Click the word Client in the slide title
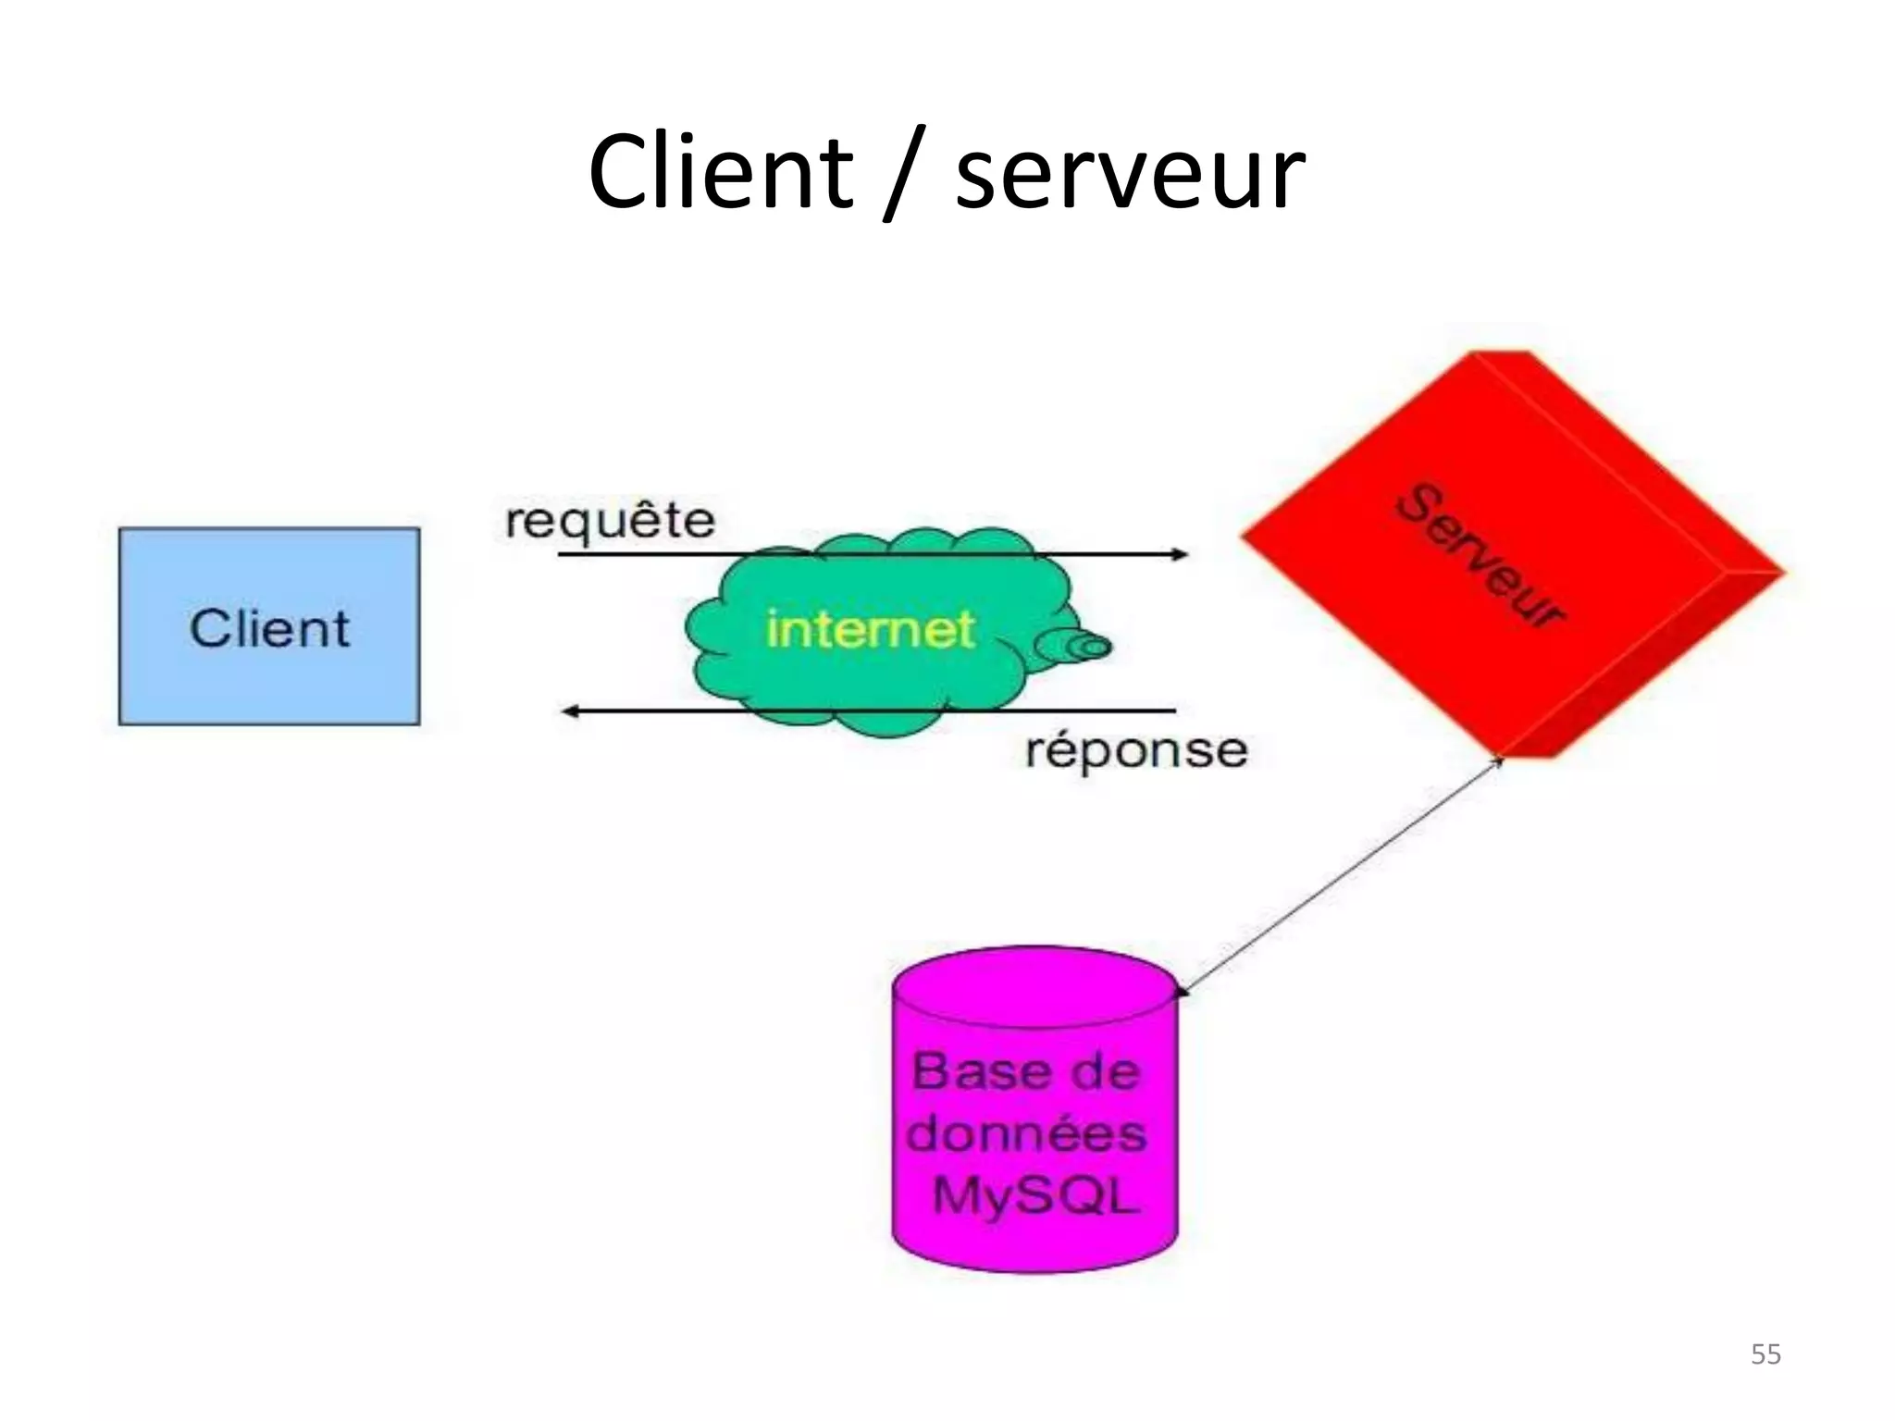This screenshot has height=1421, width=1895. [720, 172]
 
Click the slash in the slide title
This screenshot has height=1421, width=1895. [903, 176]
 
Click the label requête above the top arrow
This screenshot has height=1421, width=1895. [611, 521]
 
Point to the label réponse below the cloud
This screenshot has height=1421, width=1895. [1136, 750]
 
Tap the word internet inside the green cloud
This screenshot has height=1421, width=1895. [870, 630]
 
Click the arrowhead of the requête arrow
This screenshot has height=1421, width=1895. [1180, 554]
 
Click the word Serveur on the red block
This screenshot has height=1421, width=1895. [1480, 555]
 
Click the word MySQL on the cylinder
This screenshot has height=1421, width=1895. [1034, 1195]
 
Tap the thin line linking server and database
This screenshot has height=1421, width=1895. [1342, 874]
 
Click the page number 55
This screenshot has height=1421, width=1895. [1765, 1354]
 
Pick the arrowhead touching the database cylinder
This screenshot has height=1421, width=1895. [1182, 992]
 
